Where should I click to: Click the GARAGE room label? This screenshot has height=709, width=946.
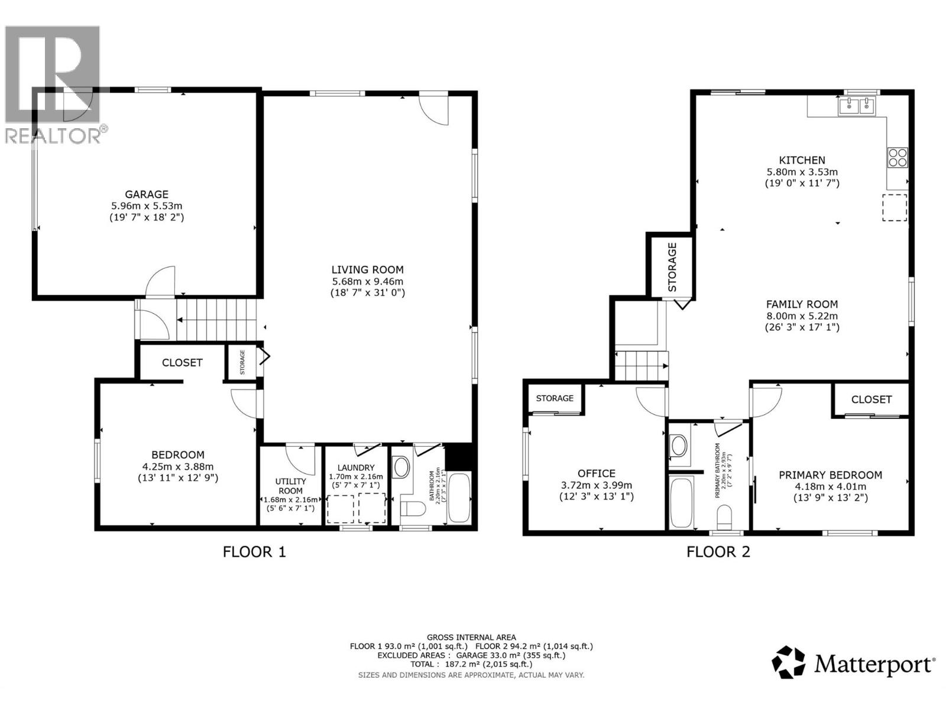pos(147,194)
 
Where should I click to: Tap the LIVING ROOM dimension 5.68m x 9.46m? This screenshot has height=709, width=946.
pos(367,281)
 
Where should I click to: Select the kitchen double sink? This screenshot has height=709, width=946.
pos(857,107)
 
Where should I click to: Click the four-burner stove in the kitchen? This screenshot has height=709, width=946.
pos(897,158)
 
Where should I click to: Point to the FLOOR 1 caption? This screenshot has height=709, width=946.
pos(254,552)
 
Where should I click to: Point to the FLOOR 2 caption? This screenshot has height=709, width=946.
pos(718,552)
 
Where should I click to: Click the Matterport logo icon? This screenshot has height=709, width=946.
pos(788,662)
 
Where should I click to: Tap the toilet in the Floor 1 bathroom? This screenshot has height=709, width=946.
pos(412,509)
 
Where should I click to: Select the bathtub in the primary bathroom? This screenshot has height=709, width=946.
pos(683,502)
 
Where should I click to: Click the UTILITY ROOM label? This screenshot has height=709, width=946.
pos(290,486)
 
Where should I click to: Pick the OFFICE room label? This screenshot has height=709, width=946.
pos(596,473)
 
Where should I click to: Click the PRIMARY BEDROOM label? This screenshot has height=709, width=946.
pos(830,475)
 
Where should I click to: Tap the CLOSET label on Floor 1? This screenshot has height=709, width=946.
pos(182,363)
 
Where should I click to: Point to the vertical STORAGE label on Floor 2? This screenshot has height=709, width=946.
pos(672,267)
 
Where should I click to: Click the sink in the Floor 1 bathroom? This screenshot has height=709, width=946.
pos(402,467)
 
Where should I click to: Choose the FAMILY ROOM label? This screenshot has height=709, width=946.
pos(802,304)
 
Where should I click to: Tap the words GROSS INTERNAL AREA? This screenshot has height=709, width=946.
pos(471,638)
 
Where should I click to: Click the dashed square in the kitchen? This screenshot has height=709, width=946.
pos(895,207)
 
